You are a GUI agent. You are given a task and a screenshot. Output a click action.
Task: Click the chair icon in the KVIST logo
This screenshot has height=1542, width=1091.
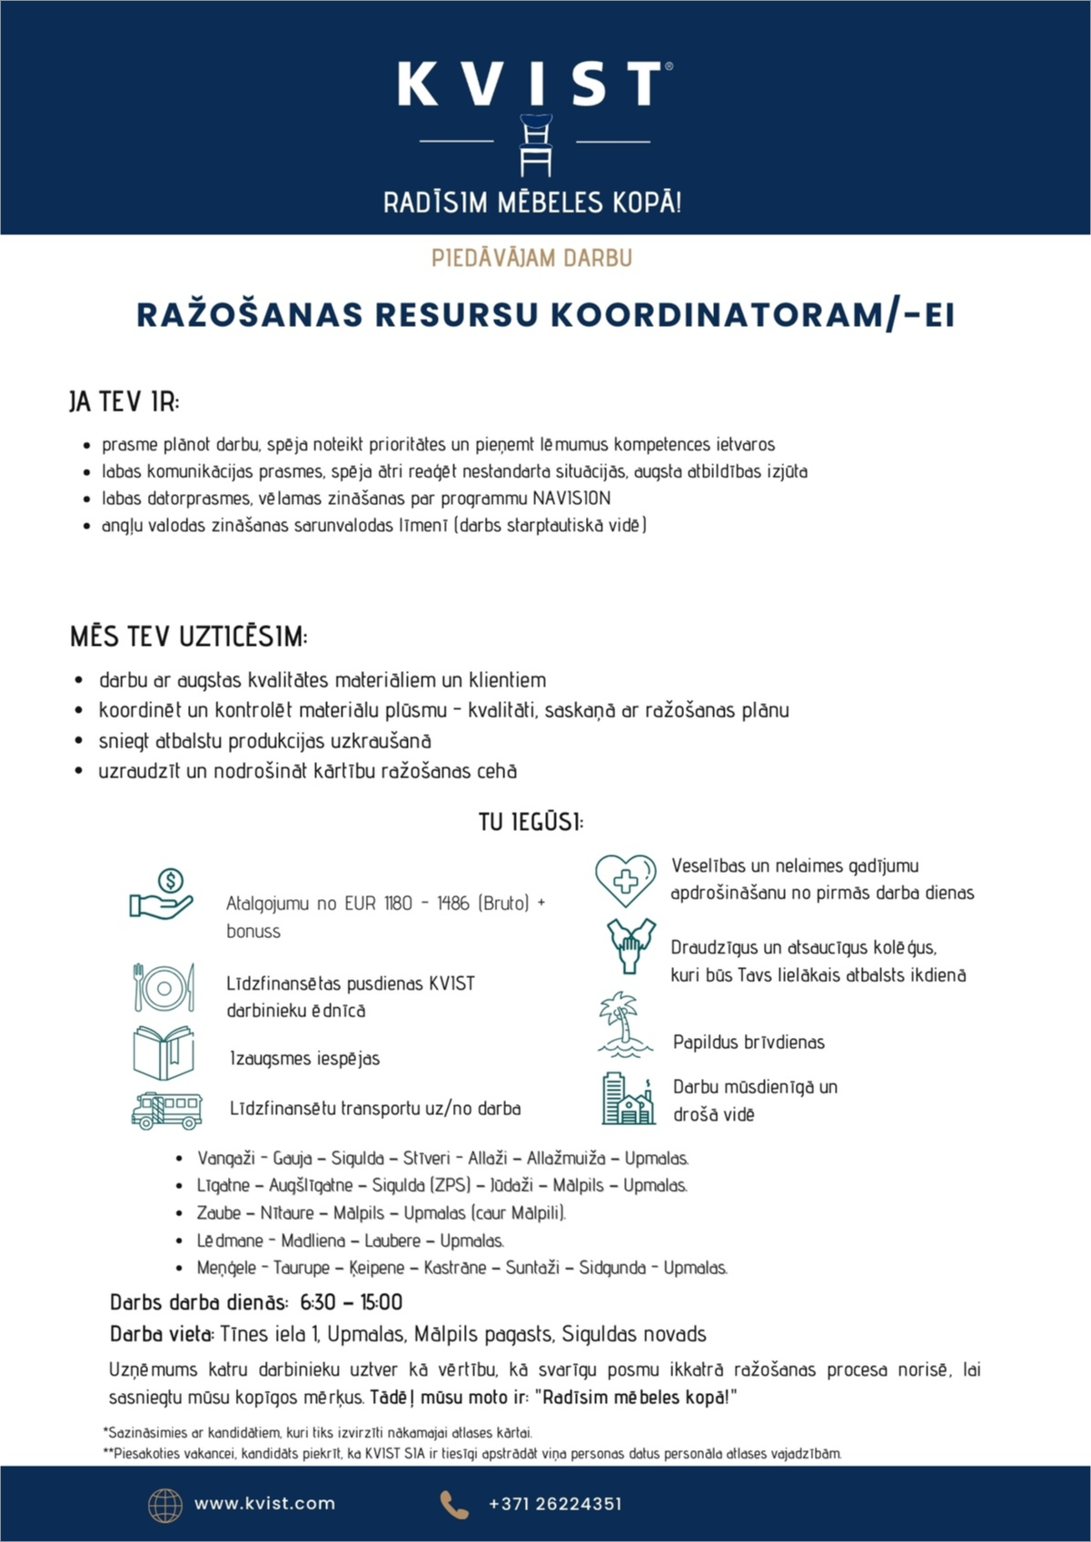point(535,145)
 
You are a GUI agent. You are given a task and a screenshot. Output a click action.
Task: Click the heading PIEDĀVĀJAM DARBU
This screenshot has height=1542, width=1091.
point(531,258)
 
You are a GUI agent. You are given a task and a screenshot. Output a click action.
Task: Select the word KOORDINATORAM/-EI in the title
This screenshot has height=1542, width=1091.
point(753,315)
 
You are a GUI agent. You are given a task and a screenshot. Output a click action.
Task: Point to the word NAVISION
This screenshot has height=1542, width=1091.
point(571,499)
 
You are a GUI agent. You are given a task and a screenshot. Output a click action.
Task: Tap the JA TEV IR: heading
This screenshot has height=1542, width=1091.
point(124,401)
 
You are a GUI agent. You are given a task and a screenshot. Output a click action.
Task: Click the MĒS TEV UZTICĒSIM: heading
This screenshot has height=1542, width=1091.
point(189,637)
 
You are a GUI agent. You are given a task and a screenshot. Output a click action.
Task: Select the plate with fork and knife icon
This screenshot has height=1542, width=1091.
point(164,988)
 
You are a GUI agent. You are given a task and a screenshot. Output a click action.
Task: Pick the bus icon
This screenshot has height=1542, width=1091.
point(166,1110)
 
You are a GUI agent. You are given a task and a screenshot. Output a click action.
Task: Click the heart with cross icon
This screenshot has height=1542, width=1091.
point(625,879)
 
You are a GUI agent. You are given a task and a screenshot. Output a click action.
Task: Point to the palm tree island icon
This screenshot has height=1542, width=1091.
point(625,1025)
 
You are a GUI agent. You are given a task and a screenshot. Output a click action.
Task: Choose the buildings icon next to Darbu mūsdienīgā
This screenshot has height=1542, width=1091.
point(628,1099)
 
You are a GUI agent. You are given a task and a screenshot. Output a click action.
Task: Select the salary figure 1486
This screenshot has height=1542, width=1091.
point(452,904)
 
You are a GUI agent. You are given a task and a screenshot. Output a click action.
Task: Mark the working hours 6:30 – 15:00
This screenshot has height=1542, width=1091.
point(351,1302)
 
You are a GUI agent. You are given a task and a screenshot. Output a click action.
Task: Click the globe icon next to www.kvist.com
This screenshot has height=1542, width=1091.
point(165,1505)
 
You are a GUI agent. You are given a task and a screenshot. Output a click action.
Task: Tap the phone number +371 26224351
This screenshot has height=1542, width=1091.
point(555,1504)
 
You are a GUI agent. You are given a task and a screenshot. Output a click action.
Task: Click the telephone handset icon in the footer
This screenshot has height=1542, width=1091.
point(454,1505)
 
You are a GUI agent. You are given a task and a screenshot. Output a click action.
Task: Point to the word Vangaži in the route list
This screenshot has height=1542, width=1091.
point(225,1159)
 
